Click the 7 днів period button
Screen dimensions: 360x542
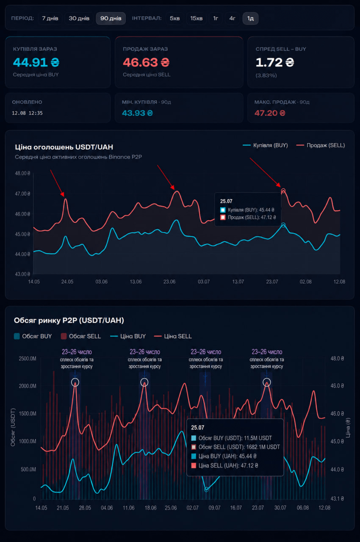50,18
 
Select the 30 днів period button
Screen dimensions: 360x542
79,18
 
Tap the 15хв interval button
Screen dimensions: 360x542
197,18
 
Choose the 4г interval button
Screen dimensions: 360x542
232,18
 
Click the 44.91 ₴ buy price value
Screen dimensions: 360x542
36,62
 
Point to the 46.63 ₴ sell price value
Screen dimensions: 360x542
146,62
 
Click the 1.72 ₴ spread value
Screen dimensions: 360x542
275,62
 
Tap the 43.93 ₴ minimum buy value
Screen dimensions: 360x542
137,113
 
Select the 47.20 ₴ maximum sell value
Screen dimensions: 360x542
270,113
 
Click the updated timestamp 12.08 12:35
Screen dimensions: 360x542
28,113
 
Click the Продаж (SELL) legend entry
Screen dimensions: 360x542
321,145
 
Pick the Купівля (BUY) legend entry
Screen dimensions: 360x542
266,145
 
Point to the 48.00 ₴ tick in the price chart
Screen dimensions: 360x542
22,173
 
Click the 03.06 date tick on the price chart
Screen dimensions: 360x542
101,282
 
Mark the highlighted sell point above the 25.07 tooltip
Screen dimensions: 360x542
283,191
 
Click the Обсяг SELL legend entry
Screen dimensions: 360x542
81,336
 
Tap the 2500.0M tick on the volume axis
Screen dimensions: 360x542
28,359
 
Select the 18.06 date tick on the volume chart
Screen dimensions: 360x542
150,508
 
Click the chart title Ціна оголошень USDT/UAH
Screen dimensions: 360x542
64,147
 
